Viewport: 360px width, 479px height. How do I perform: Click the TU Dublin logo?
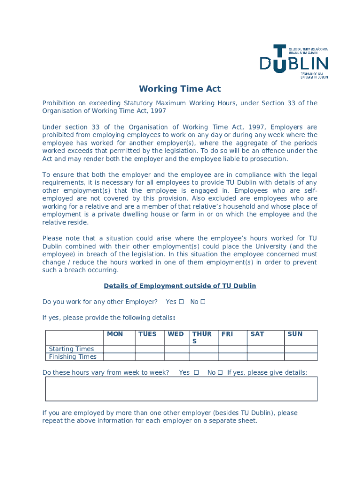click(x=294, y=62)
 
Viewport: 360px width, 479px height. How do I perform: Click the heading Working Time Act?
click(x=180, y=89)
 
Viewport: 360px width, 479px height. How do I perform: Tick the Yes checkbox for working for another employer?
click(x=181, y=302)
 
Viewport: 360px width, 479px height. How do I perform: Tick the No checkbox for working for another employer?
click(x=203, y=302)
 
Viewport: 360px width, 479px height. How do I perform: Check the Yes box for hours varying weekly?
click(x=196, y=373)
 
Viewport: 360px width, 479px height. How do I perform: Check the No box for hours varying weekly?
click(x=220, y=373)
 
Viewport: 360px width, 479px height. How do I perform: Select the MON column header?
click(x=115, y=334)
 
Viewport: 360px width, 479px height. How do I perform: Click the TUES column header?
click(x=147, y=334)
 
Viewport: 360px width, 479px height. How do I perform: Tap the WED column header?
click(x=176, y=334)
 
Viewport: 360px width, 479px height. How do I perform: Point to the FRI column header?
click(x=227, y=334)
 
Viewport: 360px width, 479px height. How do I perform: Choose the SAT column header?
click(x=257, y=334)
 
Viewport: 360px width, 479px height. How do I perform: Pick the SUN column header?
click(x=295, y=334)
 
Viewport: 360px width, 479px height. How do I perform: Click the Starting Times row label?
click(x=72, y=349)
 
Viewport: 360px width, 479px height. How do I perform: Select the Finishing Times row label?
click(x=73, y=357)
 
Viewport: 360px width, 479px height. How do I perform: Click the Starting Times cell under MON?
click(x=119, y=349)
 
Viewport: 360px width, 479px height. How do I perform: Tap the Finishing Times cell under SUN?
click(x=301, y=357)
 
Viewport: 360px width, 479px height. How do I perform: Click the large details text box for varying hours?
click(x=181, y=389)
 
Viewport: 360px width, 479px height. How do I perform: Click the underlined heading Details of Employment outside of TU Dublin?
click(x=180, y=286)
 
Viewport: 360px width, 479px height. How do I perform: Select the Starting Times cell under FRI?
click(x=232, y=349)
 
